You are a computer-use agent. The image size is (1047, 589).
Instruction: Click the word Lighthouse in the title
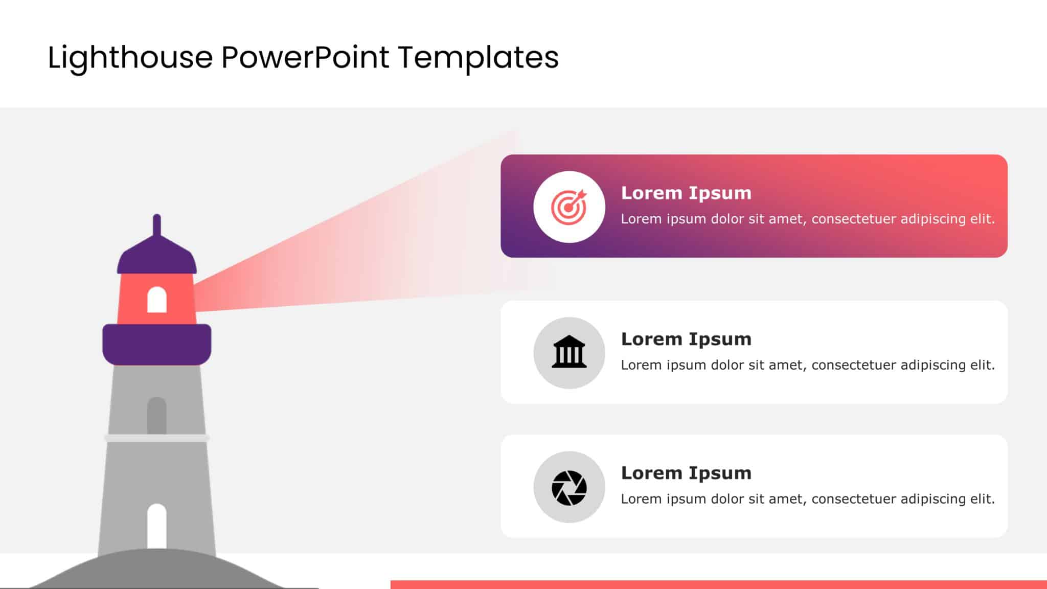tap(130, 57)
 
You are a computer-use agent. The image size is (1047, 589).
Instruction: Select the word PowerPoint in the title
tap(305, 57)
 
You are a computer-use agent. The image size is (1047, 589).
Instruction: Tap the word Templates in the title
tap(478, 57)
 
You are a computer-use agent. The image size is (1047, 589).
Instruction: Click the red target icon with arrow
tap(568, 207)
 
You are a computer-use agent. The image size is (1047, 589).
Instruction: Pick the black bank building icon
tap(569, 352)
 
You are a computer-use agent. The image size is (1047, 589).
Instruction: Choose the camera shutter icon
tap(569, 487)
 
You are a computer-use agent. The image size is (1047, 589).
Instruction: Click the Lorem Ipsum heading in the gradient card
tap(686, 193)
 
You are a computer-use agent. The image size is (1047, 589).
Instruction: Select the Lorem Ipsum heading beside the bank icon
tap(686, 339)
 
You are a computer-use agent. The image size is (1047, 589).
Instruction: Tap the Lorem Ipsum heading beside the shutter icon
tap(686, 473)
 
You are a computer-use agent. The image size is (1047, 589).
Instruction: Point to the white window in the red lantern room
tap(157, 300)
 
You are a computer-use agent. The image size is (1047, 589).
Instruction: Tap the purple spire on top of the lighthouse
tap(157, 225)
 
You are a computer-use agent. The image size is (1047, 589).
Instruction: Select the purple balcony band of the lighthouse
tap(157, 344)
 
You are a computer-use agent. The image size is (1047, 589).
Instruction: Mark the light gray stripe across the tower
tap(157, 438)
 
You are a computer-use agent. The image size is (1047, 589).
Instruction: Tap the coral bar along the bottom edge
tap(716, 584)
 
